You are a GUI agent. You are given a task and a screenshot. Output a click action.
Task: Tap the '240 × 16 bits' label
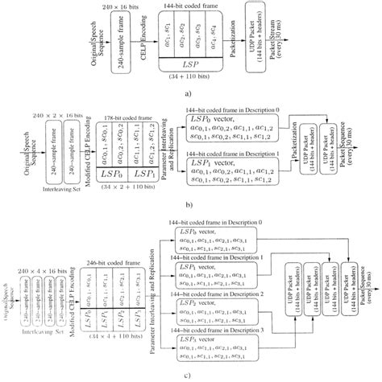tap(131, 6)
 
